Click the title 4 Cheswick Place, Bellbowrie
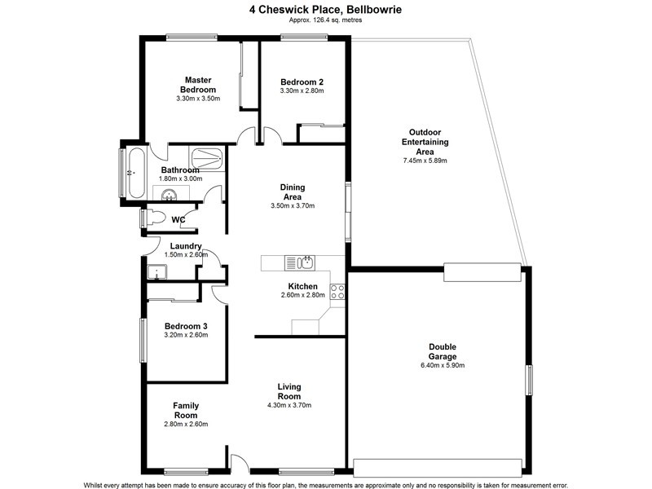coord(325,10)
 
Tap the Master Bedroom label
coord(198,85)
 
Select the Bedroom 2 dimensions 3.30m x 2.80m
coord(302,91)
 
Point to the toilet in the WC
coord(155,218)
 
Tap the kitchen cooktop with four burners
coord(337,291)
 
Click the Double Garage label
coord(443,351)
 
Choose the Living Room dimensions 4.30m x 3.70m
coord(289,405)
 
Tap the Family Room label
coord(186,410)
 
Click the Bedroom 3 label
coord(187,326)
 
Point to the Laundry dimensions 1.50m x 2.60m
coord(186,255)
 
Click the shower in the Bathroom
coord(206,157)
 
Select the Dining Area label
coord(292,191)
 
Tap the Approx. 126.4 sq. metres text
coord(325,20)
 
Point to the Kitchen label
coord(302,286)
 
